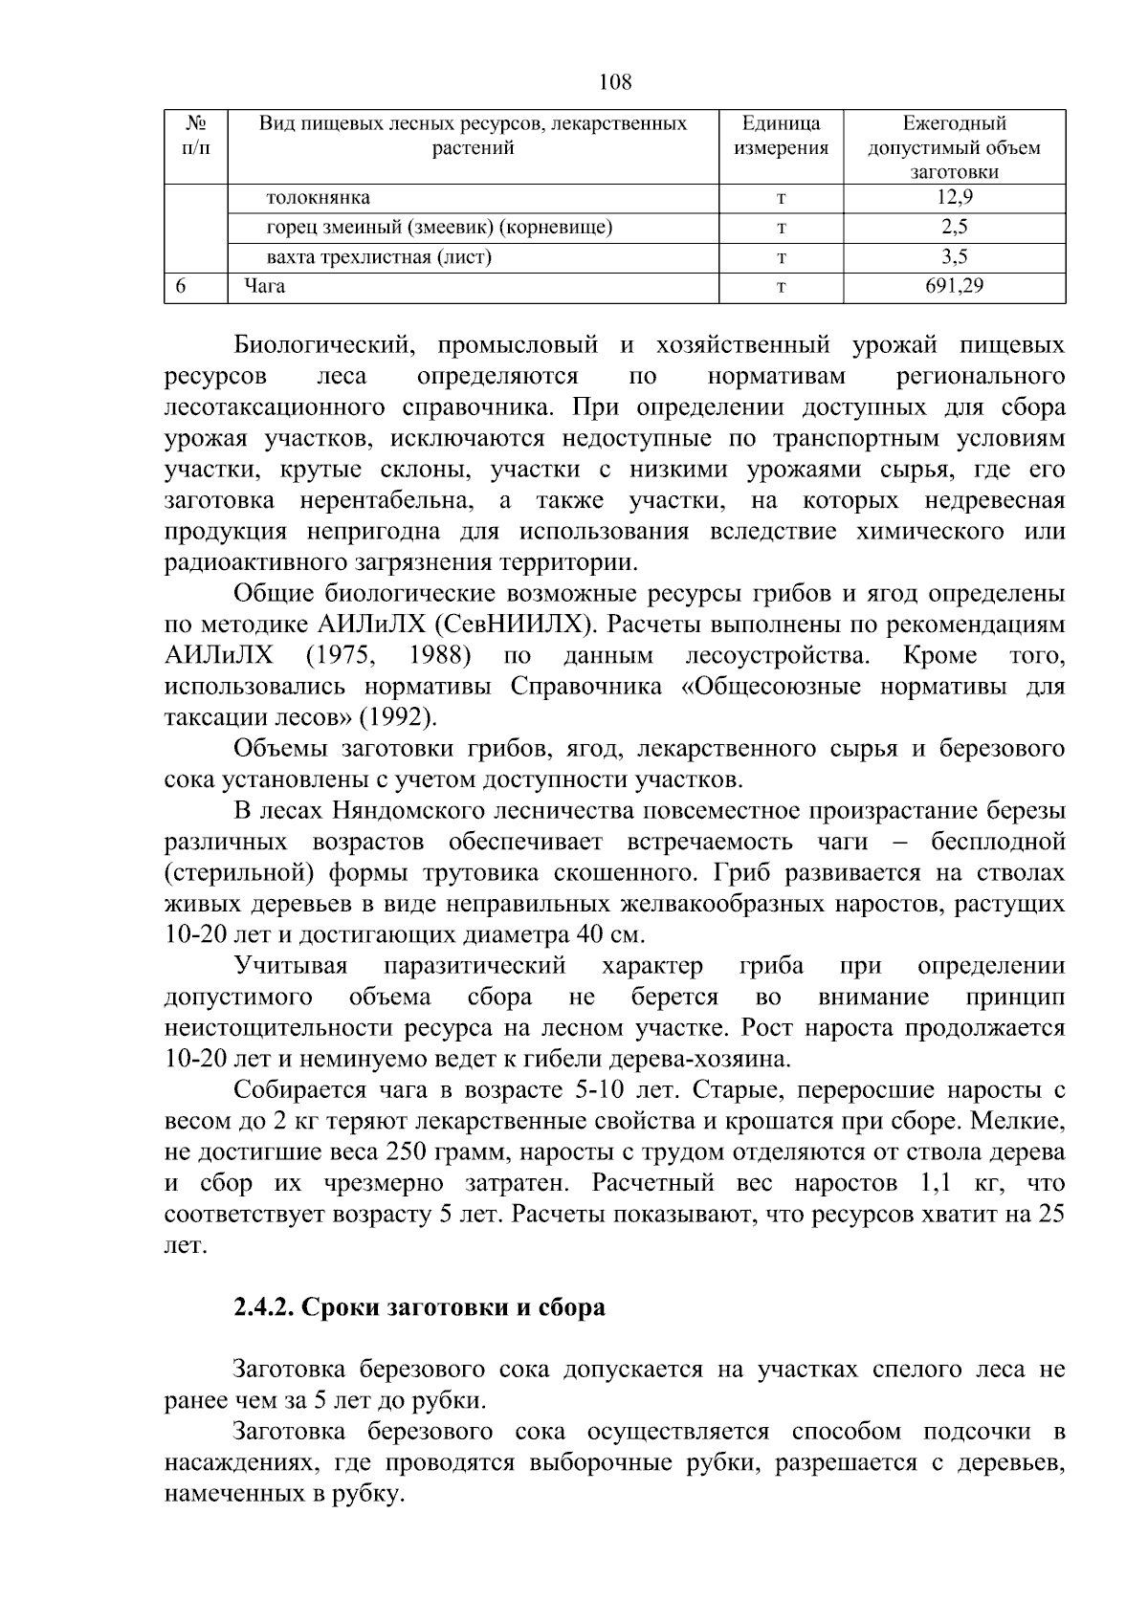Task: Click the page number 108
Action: click(615, 82)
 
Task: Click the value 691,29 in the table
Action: click(954, 285)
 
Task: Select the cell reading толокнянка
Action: click(318, 198)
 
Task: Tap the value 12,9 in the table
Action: click(954, 198)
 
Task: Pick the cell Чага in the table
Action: click(264, 285)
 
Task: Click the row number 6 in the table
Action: click(180, 285)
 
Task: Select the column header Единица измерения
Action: click(781, 136)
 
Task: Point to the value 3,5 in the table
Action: click(954, 256)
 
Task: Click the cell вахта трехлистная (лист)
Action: click(379, 256)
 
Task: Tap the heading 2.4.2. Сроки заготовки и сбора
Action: click(419, 1306)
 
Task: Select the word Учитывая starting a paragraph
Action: click(290, 966)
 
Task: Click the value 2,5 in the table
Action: click(954, 228)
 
